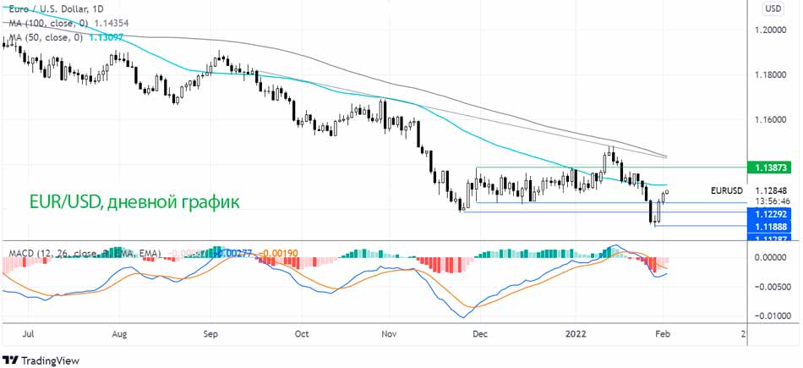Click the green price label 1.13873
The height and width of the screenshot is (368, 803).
(x=771, y=168)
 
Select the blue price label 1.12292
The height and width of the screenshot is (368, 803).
(x=771, y=215)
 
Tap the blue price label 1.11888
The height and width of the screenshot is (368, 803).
(x=771, y=227)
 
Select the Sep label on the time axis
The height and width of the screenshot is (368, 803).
(x=210, y=333)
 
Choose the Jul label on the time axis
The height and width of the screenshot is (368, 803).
(x=29, y=333)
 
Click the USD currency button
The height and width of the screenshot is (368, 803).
(x=773, y=8)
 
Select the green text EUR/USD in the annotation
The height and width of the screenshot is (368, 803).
(x=63, y=202)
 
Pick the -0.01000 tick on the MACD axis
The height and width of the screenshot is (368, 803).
(x=771, y=316)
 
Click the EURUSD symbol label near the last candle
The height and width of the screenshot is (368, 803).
(x=726, y=189)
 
